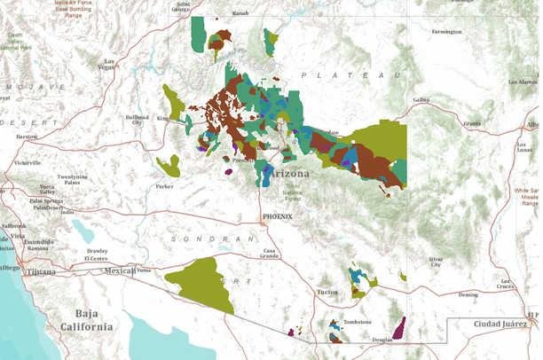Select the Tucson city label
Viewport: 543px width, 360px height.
tap(327, 292)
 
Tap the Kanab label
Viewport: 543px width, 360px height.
tap(240, 13)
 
